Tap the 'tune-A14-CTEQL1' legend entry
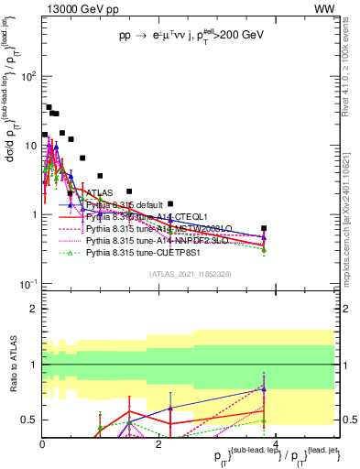138,217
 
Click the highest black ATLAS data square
49,107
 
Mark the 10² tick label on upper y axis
27,76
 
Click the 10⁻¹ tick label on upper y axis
27,284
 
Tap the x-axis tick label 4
276,443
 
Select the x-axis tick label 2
158,443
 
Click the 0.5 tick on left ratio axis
29,420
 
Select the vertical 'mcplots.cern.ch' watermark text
352,220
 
